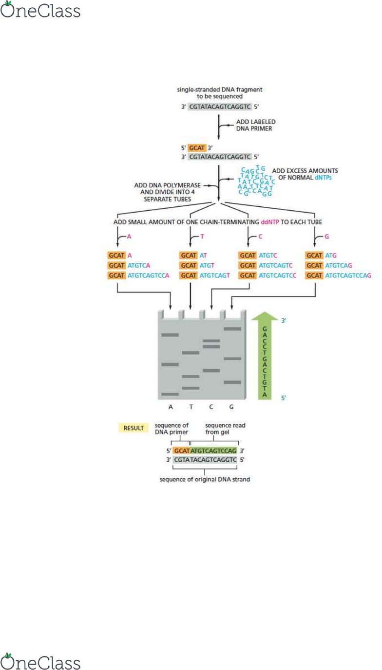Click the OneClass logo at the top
tap(40, 10)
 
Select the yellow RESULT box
tap(134, 428)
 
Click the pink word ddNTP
tap(269, 222)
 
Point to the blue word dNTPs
tap(323, 178)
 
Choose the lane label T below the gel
tap(191, 407)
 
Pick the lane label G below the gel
tap(231, 407)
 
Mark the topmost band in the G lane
tap(232, 329)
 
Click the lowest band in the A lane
tap(170, 394)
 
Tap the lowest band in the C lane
tap(211, 371)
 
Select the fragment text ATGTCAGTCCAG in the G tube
tap(348, 275)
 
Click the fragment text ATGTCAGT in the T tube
tap(215, 275)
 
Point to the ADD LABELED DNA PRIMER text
tap(256, 125)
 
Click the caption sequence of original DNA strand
tap(205, 479)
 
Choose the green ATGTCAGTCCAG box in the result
tap(213, 451)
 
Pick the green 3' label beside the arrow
tap(284, 320)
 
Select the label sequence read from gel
tap(225, 429)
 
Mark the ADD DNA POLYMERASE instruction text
tap(168, 192)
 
